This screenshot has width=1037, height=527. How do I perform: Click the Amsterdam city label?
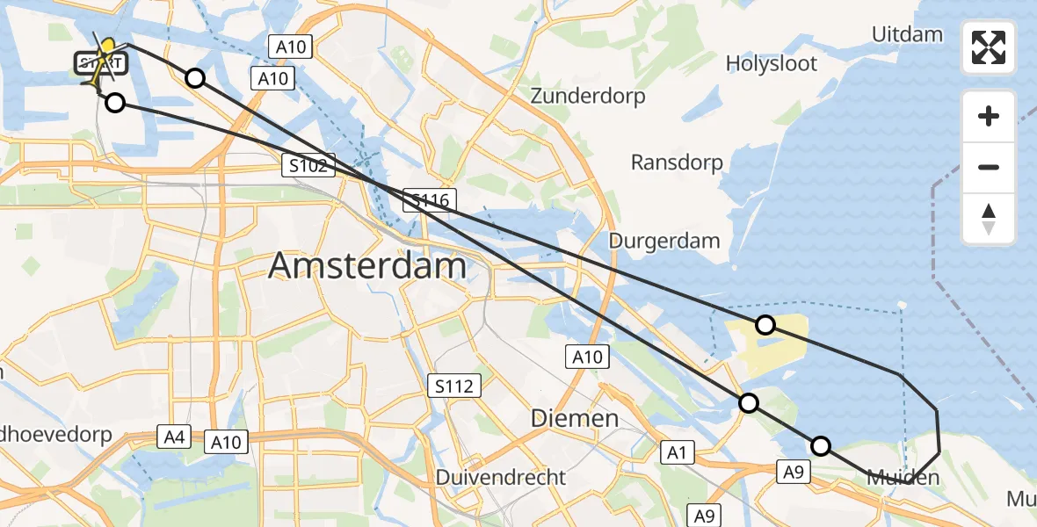tap(367, 264)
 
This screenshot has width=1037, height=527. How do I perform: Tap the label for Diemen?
tap(575, 418)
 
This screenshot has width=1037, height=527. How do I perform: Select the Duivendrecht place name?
tap(501, 477)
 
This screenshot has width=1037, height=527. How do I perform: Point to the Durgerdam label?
tap(664, 240)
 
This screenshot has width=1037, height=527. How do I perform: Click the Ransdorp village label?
tap(677, 162)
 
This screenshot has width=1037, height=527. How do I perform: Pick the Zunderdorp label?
tap(588, 95)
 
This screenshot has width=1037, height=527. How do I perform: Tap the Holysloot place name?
tap(772, 63)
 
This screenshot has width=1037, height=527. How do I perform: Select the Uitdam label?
tap(907, 34)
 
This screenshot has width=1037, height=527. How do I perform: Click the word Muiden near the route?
tap(903, 478)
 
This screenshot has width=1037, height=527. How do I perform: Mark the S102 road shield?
tap(308, 165)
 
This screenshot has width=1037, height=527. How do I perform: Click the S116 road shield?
tap(430, 201)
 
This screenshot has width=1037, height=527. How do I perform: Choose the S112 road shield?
tap(453, 385)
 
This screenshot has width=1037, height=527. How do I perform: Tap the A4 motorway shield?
tap(172, 435)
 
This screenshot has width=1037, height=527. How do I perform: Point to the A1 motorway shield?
tap(676, 452)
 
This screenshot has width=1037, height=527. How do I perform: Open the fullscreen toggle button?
tap(989, 47)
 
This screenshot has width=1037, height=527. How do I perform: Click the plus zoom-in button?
tap(989, 116)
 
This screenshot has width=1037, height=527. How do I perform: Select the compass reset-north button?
tap(989, 219)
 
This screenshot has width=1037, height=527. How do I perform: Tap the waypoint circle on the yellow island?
tap(765, 325)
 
